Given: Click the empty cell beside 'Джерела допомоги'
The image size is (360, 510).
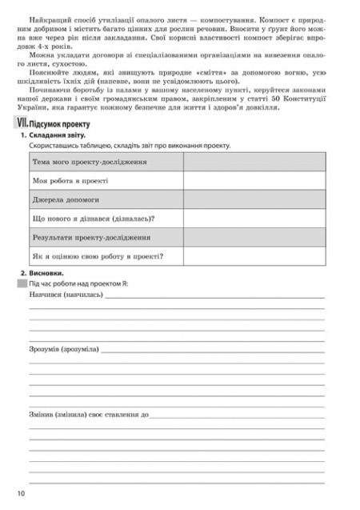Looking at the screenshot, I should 254,200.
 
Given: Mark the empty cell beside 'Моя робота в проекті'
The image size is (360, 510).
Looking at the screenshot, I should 254,181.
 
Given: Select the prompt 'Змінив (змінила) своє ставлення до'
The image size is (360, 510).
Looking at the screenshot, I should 90,416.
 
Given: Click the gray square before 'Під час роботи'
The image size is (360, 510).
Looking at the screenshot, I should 22,283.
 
